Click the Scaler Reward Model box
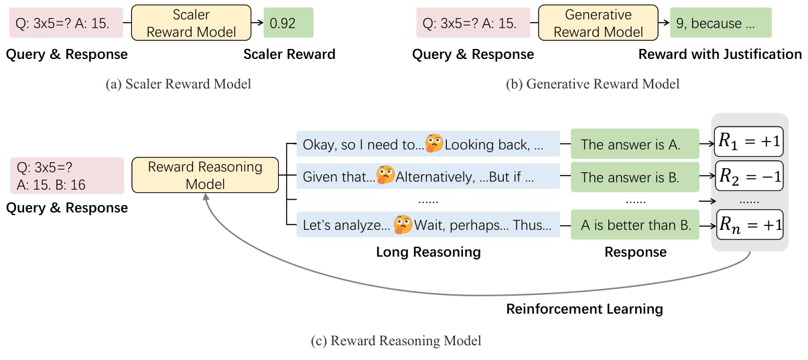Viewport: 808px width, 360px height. click(x=192, y=23)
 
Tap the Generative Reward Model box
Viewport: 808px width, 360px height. click(x=598, y=23)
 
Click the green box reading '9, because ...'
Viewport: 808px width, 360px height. click(x=721, y=23)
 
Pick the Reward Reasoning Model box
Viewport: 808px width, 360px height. click(x=205, y=175)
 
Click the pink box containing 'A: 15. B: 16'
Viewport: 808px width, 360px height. click(x=67, y=176)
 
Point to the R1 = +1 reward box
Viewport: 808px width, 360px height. click(x=748, y=143)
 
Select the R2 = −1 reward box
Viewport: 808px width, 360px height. click(x=748, y=176)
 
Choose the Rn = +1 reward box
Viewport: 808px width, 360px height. click(x=748, y=225)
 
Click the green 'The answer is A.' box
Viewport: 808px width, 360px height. click(x=630, y=144)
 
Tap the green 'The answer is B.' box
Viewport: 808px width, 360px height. click(x=630, y=177)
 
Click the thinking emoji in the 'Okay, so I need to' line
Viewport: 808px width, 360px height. click(x=434, y=143)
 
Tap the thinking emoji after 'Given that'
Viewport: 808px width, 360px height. click(x=385, y=176)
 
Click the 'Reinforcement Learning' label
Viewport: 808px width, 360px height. click(x=584, y=309)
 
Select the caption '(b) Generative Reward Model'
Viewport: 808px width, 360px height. click(x=592, y=84)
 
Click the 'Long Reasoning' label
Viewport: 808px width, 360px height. click(x=428, y=252)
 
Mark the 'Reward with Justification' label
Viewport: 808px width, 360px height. click(x=720, y=54)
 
